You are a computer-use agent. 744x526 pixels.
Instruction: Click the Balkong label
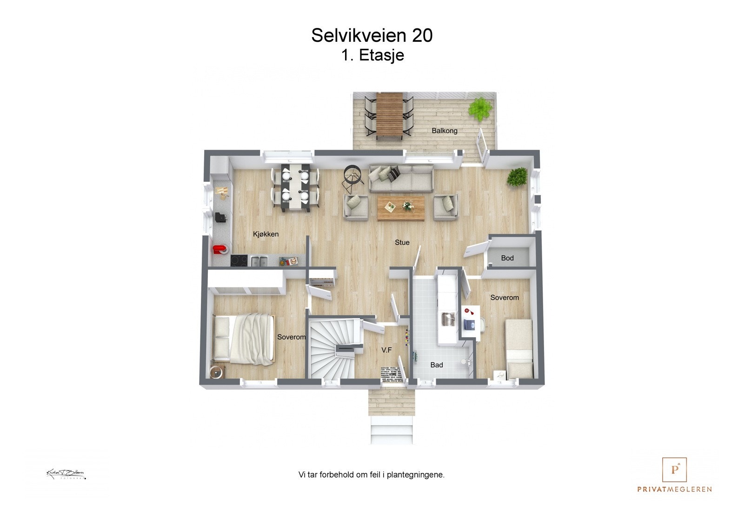point(444,131)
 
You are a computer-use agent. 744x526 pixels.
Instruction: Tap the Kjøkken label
point(266,234)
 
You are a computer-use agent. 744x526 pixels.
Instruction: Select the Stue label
point(402,242)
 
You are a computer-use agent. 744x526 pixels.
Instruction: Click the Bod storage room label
point(507,258)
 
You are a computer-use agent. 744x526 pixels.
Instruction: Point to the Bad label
point(436,365)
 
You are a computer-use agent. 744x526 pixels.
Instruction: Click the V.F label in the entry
point(386,350)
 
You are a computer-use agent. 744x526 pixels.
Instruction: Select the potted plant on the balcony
point(479,109)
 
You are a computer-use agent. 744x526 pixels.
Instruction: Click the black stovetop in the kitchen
point(240,261)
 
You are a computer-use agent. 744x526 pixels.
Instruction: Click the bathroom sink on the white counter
point(448,320)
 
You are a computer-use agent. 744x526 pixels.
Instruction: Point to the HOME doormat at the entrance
point(393,374)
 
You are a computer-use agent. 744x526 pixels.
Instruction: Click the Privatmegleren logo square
point(674,470)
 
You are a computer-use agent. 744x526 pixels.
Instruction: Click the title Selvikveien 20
point(372,36)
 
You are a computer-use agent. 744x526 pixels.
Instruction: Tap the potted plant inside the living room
point(517,177)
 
